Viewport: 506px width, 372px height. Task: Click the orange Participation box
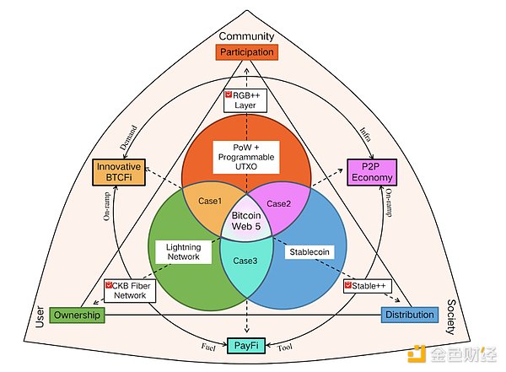[x=247, y=52]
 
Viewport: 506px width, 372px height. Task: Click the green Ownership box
[x=77, y=315]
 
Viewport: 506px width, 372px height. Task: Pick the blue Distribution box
[x=410, y=315]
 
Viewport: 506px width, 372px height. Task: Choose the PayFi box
[x=246, y=344]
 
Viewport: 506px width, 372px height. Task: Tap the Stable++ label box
[x=366, y=286]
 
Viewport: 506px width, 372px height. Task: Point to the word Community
[x=246, y=36]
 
